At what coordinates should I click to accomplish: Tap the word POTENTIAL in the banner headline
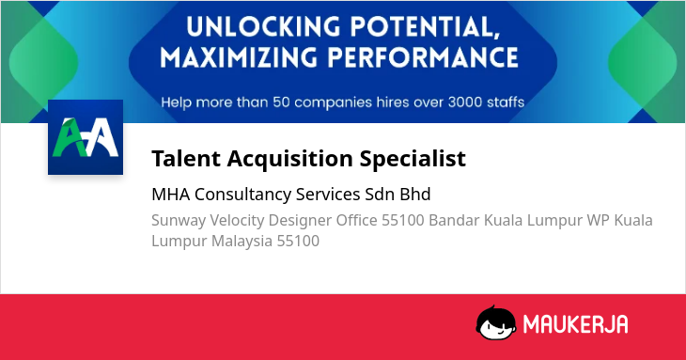pos(425,27)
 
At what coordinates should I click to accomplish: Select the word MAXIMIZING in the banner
pos(239,57)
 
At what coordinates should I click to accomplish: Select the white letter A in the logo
pos(101,137)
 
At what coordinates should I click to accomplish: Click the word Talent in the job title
pos(186,158)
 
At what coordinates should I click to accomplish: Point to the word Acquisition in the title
pos(289,159)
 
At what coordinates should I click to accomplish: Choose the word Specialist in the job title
pos(413,159)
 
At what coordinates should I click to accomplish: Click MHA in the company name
pos(171,195)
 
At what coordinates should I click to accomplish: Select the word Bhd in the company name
pos(415,194)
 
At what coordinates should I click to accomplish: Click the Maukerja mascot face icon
pos(495,323)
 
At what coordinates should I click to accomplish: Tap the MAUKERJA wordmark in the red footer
pos(575,324)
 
